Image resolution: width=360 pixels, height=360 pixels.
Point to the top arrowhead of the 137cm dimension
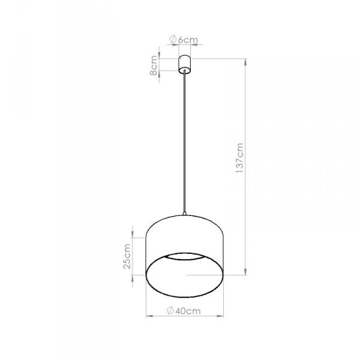pos(246,61)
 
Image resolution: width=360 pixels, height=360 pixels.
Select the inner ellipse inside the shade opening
pos(185,257)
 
